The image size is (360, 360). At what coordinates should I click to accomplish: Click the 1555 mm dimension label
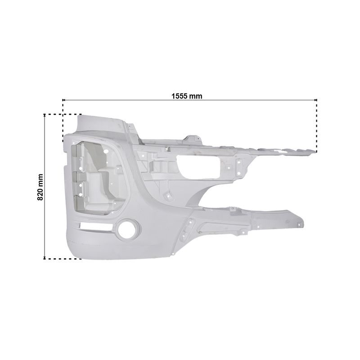pyautogui.click(x=187, y=96)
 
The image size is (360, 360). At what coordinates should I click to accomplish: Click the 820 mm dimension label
pyautogui.click(x=40, y=187)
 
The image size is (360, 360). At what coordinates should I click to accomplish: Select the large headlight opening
pyautogui.click(x=99, y=178)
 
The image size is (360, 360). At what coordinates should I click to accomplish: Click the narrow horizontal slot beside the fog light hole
pyautogui.click(x=95, y=227)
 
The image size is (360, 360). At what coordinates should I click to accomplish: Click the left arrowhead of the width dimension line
pyautogui.click(x=64, y=100)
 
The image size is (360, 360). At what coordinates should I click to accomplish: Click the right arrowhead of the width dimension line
pyautogui.click(x=315, y=100)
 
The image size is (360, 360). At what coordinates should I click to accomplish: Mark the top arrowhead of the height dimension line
pyautogui.click(x=44, y=116)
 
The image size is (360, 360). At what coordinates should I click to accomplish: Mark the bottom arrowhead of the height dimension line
pyautogui.click(x=44, y=257)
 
